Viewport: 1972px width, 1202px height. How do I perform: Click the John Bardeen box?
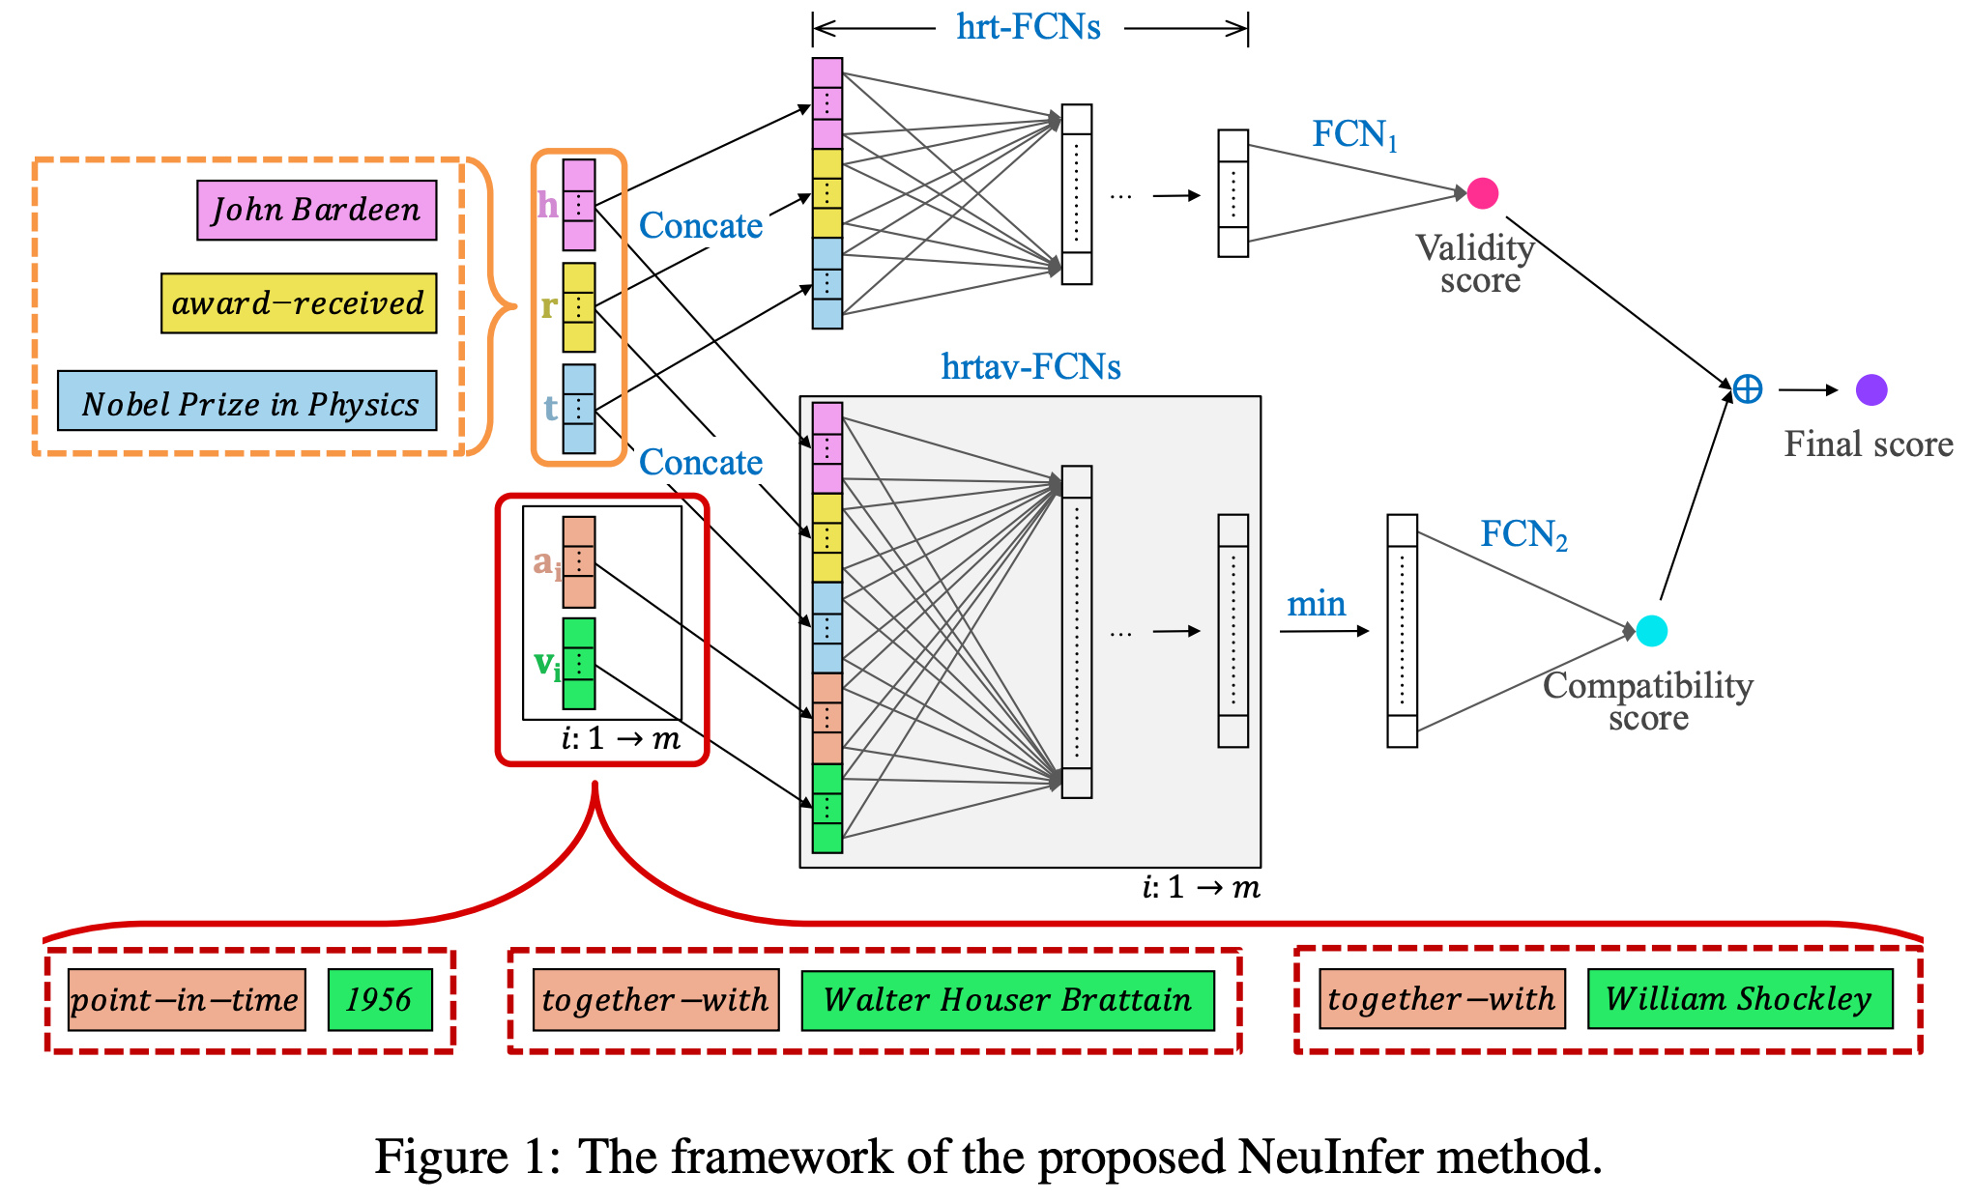click(x=316, y=210)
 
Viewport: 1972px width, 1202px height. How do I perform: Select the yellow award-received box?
click(x=298, y=303)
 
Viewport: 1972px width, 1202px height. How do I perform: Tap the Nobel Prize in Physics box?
click(x=246, y=401)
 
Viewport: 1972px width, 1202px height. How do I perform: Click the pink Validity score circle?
click(x=1482, y=193)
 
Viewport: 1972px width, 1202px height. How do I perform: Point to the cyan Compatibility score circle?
click(x=1651, y=631)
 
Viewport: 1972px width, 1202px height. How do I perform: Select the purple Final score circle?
click(x=1871, y=390)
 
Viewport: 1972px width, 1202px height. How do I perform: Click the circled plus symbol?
click(x=1747, y=389)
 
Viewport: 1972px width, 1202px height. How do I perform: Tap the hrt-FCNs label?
click(x=1028, y=27)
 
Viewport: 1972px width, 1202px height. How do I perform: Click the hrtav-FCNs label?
click(x=1030, y=367)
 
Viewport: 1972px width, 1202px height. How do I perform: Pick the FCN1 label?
click(x=1353, y=134)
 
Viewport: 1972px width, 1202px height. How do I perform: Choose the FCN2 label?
click(x=1522, y=534)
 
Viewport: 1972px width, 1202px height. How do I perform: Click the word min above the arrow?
click(x=1316, y=604)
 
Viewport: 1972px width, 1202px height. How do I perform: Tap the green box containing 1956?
click(x=379, y=999)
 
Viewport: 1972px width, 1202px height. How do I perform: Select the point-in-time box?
click(x=187, y=999)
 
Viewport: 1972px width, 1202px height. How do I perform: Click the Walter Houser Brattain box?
click(x=1007, y=999)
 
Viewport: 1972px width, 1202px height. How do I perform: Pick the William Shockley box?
click(x=1739, y=998)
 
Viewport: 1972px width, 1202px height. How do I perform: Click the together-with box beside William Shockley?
click(x=1441, y=998)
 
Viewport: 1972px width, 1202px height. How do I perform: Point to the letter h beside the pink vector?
click(x=547, y=205)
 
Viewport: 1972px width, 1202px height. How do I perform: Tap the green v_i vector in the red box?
click(x=578, y=664)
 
